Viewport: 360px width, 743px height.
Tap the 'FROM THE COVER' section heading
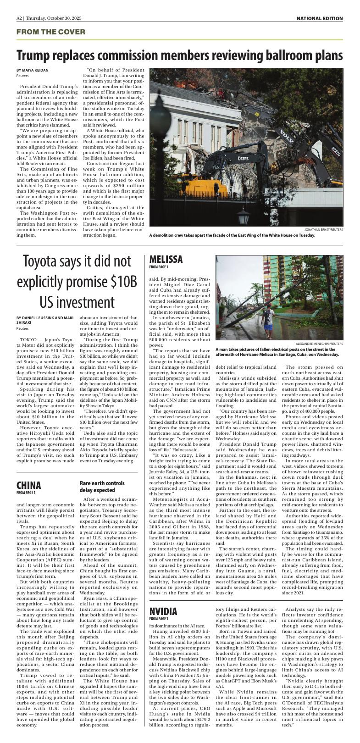point(51,32)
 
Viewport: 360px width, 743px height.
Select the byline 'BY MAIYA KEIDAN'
point(33,70)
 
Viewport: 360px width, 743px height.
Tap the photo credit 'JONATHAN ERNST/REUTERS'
point(323,229)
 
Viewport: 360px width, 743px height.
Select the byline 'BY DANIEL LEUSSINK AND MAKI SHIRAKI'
point(44,320)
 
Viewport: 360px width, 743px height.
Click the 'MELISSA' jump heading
point(166,260)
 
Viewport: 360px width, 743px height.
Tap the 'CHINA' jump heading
point(29,485)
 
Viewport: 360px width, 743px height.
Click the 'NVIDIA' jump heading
point(163,611)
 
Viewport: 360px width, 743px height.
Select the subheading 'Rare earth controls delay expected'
point(102,487)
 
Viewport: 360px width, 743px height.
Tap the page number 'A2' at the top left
point(19,18)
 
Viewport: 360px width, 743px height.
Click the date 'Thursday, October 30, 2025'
point(54,18)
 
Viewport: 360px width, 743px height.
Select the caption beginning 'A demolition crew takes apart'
point(232,235)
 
